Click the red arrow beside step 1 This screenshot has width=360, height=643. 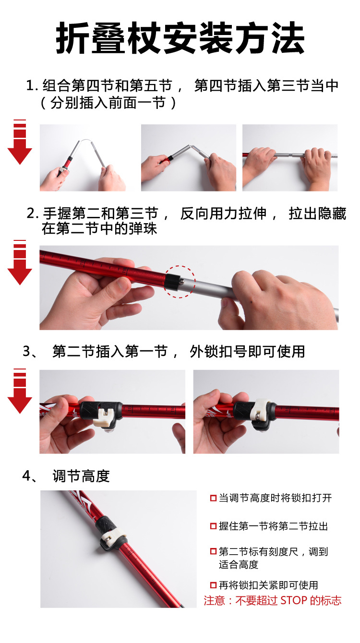tap(20, 144)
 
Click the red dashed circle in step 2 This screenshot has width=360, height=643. tap(179, 281)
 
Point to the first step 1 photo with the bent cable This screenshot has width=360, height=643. tap(83, 158)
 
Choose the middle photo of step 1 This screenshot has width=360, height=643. tap(188, 158)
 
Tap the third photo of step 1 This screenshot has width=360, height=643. tap(289, 158)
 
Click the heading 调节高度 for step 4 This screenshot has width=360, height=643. tap(81, 476)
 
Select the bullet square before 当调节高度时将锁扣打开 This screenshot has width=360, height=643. tap(213, 498)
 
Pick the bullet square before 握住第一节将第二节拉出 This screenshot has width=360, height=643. tap(213, 526)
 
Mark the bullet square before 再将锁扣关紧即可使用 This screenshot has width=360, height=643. tap(213, 585)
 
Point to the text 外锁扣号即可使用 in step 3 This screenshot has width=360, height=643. tap(247, 351)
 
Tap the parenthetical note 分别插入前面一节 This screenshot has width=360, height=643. tap(108, 103)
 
